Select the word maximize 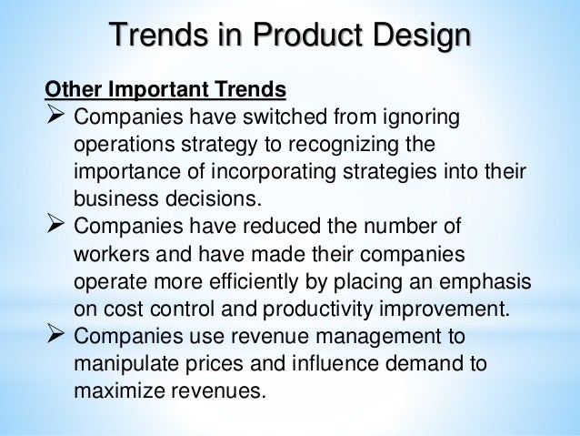click(111, 390)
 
